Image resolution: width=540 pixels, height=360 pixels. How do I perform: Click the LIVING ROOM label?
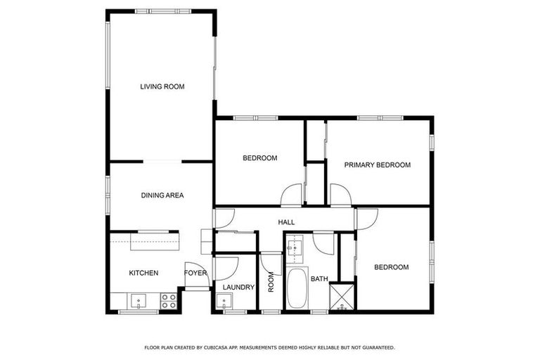click(x=162, y=87)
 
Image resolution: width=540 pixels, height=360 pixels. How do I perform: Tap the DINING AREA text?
click(x=162, y=195)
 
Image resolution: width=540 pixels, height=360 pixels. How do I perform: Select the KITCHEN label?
click(x=143, y=273)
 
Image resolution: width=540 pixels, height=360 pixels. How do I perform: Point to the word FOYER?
click(x=195, y=273)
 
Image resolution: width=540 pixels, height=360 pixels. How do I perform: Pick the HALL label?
click(x=286, y=222)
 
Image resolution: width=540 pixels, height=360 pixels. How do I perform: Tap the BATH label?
click(x=320, y=279)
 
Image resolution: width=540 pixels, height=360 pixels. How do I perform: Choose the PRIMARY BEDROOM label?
click(x=377, y=165)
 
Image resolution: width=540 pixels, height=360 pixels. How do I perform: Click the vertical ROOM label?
click(x=271, y=282)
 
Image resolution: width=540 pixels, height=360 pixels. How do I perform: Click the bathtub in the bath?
click(x=297, y=288)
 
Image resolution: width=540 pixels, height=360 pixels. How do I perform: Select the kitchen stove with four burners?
click(x=169, y=302)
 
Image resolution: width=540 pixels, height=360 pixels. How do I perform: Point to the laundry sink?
click(x=225, y=303)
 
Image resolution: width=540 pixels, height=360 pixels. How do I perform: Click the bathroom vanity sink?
click(x=295, y=247)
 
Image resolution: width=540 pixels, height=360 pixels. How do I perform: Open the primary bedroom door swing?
click(x=339, y=195)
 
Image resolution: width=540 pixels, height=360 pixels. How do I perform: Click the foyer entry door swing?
click(x=225, y=268)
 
